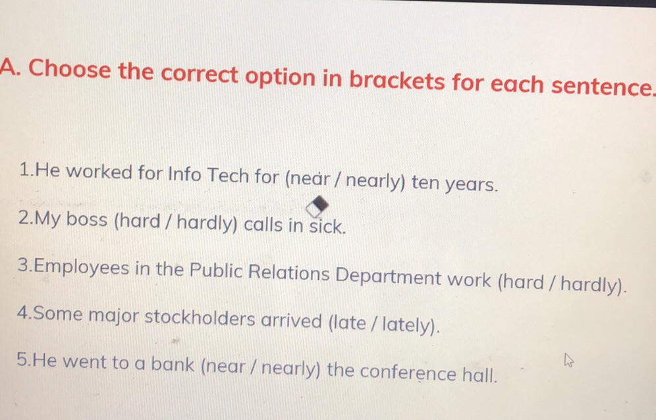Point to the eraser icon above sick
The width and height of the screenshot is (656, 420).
316,205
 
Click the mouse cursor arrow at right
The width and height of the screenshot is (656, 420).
568,360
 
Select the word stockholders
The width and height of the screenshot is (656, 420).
200,319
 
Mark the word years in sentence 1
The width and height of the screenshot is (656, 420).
470,184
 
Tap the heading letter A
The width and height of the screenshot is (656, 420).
9,67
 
